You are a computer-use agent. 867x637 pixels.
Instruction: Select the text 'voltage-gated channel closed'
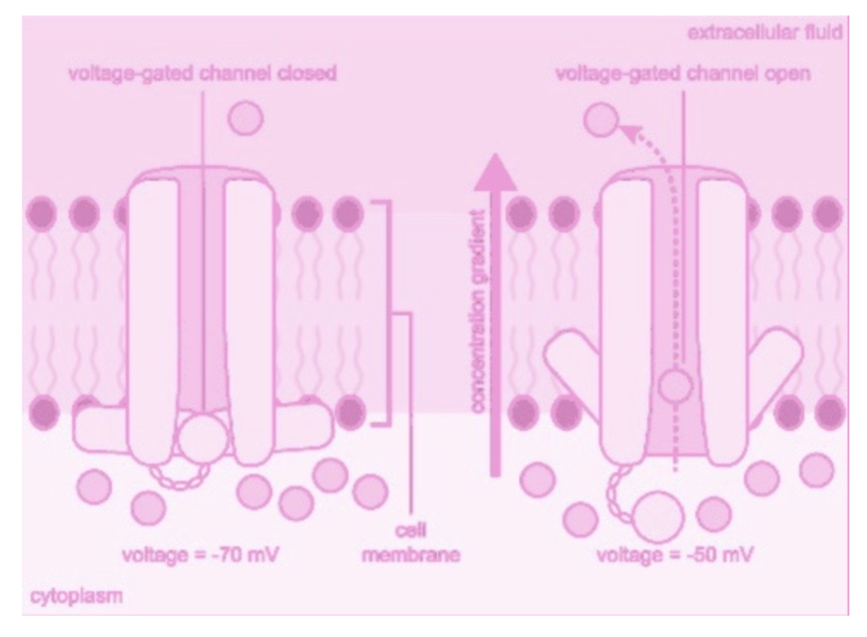pos(203,75)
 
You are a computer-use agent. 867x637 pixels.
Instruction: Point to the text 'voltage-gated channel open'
pos(683,75)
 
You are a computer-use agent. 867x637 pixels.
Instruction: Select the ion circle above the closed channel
pos(244,118)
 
